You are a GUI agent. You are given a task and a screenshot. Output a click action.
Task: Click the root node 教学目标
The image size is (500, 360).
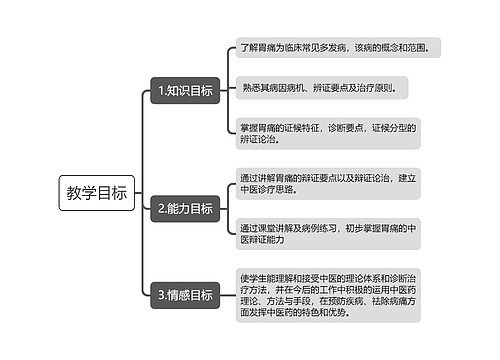point(96,193)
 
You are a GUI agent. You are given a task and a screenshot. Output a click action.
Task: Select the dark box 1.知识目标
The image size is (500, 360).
point(184,91)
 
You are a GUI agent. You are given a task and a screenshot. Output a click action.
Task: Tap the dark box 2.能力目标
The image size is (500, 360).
point(184,209)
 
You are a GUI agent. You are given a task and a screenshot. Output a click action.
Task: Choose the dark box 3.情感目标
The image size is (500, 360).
point(184,295)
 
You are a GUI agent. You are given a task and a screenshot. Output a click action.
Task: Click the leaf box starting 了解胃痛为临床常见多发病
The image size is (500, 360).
point(341,47)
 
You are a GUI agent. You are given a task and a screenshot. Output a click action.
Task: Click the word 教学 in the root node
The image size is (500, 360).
point(81,193)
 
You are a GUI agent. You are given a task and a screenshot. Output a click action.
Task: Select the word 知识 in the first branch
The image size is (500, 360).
point(180,91)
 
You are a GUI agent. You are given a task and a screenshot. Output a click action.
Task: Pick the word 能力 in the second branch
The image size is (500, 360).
point(180,209)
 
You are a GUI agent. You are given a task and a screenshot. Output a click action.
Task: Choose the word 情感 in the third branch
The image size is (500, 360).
point(180,295)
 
